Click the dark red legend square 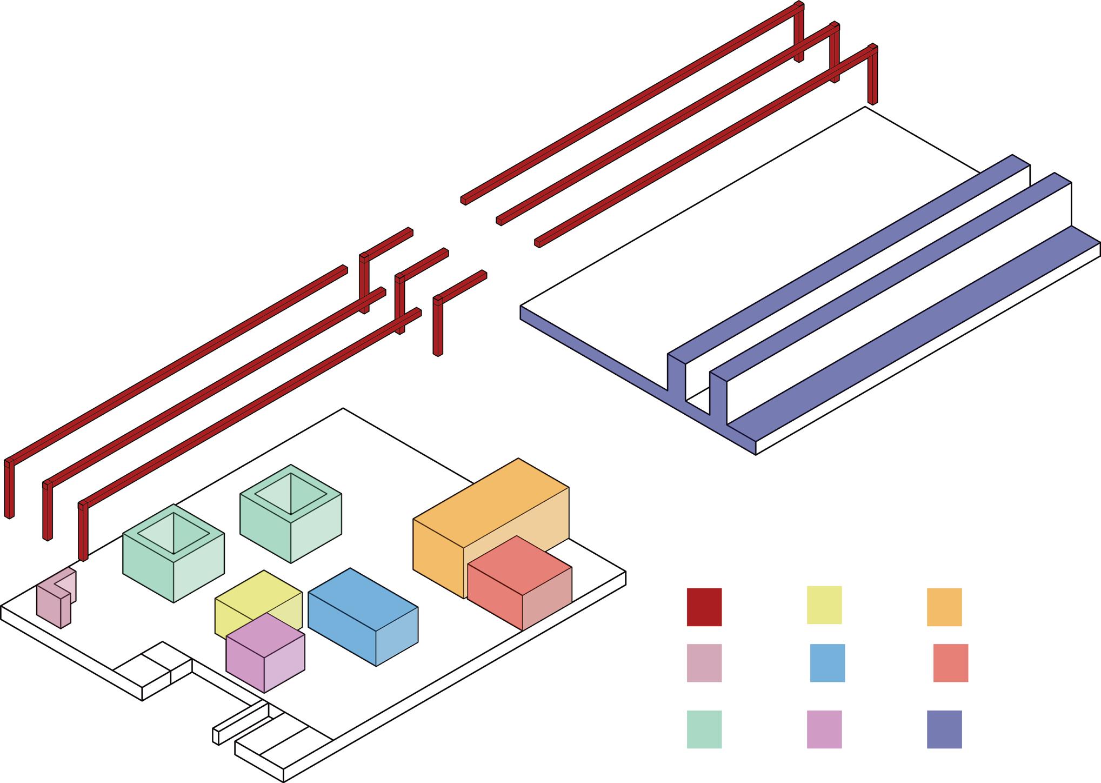click(x=704, y=607)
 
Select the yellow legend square click(x=824, y=605)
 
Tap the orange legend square click(x=944, y=607)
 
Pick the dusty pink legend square click(x=704, y=662)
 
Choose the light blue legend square click(x=827, y=662)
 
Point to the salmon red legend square click(x=950, y=662)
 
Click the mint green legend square click(x=704, y=729)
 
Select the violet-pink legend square click(x=824, y=729)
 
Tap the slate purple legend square click(x=944, y=729)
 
